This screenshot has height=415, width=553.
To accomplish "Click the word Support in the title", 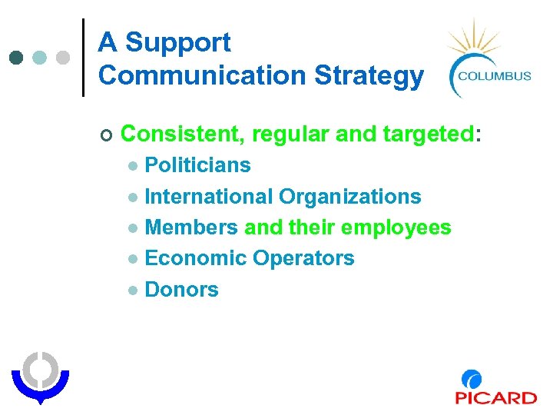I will pos(177,43).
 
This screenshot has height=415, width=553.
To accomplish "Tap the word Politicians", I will pos(197,165).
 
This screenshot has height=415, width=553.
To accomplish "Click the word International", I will pos(208,197).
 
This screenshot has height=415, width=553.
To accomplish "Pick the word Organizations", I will pos(349,197).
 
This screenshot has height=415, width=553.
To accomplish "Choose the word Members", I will pos(191,227).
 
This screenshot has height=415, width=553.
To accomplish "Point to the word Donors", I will pos(181,290).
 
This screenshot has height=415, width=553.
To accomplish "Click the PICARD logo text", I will pos(495,397).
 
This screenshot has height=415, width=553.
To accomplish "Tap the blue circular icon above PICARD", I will pos(472,380).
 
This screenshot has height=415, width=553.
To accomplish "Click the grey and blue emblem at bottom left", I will pos(39,377).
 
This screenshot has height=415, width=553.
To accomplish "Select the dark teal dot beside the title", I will pos(18,58).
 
